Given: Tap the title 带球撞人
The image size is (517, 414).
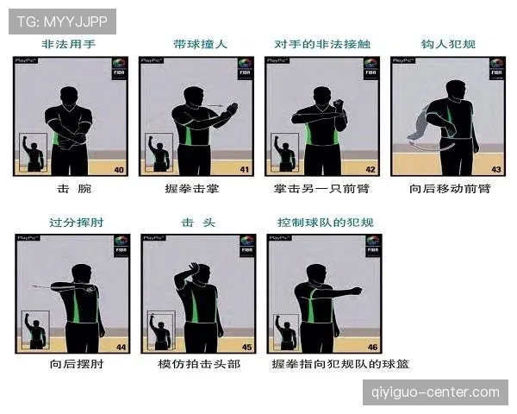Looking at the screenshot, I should (195, 44).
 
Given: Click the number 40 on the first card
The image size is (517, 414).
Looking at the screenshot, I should (120, 169).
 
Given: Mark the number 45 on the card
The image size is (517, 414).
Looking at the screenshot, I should (246, 348).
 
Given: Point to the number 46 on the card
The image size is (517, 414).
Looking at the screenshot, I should (371, 348).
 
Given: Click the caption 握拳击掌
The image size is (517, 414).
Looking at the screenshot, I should (194, 188).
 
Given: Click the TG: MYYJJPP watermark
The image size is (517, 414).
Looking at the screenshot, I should (61, 20).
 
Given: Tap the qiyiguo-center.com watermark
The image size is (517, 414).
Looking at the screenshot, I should (434, 392).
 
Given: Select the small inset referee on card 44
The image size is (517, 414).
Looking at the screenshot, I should (37, 330).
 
